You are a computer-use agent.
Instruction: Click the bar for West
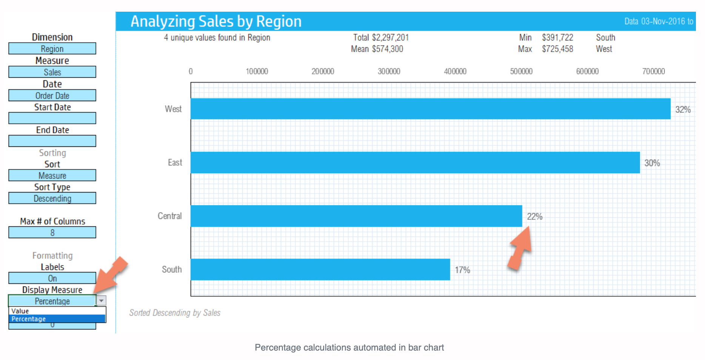(x=430, y=109)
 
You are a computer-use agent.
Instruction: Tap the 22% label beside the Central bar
(x=534, y=217)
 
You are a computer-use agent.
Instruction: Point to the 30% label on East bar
(x=652, y=163)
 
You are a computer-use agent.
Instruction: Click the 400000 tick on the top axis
(x=455, y=71)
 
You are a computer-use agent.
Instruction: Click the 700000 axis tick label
(x=653, y=71)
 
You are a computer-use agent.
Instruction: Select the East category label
(x=175, y=163)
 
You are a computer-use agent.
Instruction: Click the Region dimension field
(x=52, y=49)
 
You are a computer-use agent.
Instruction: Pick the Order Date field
(x=52, y=95)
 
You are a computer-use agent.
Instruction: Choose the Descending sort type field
(x=52, y=198)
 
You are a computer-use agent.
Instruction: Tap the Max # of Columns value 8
(x=52, y=233)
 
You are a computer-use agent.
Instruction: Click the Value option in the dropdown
(x=20, y=311)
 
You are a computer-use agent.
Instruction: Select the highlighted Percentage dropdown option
(x=29, y=319)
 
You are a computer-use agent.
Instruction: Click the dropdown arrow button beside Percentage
(x=102, y=301)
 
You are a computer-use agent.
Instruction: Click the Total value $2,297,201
(x=390, y=37)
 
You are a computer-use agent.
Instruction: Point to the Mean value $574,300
(x=387, y=49)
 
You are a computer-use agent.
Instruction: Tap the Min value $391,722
(x=557, y=37)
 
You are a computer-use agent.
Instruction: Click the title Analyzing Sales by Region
(x=216, y=22)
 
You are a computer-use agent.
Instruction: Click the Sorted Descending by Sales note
(x=175, y=313)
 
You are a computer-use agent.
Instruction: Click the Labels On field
(x=52, y=278)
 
